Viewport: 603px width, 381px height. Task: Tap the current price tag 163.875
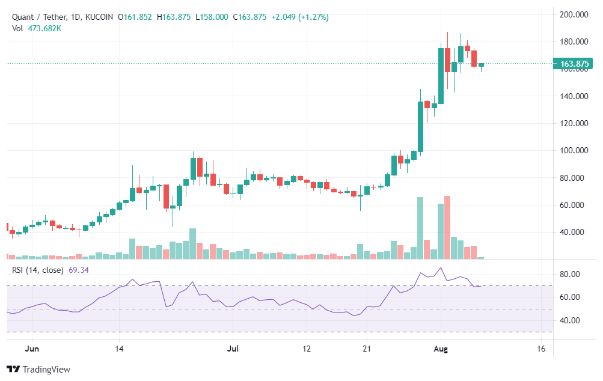click(574, 64)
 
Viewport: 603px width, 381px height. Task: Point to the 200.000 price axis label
click(574, 14)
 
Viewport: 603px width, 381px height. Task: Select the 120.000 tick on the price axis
click(574, 123)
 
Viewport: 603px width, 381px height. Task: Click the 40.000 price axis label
click(574, 232)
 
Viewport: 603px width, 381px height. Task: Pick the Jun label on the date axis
click(33, 349)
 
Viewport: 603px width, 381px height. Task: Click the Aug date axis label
click(441, 349)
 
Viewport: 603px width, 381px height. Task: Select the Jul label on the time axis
click(233, 349)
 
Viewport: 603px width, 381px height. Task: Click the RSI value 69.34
click(79, 270)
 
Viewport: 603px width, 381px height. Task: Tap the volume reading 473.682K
click(44, 28)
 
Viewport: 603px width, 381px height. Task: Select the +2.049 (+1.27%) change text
click(300, 17)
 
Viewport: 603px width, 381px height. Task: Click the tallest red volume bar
click(447, 227)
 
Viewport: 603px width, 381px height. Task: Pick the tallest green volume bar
click(420, 228)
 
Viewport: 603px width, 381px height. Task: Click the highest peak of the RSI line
click(441, 268)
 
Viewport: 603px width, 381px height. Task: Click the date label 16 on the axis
click(540, 349)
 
